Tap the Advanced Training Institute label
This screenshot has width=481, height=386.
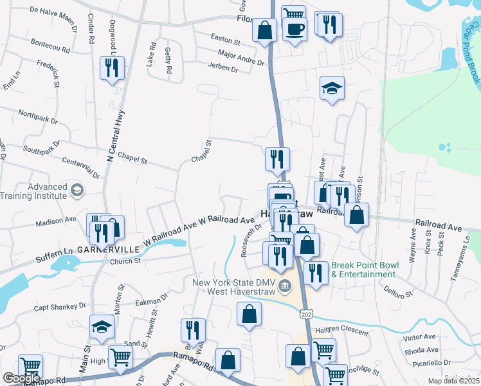[33, 191]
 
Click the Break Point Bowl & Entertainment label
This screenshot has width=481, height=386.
[363, 270]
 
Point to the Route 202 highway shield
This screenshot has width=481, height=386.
[305, 312]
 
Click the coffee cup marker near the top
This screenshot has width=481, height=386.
[295, 30]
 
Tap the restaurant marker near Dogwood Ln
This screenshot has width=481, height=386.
[113, 68]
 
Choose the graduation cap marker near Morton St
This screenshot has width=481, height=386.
[102, 327]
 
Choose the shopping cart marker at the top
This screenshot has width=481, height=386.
[293, 14]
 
